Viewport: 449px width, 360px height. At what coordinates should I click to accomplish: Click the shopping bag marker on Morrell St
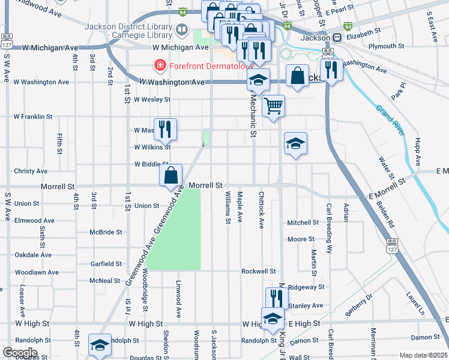coord(171,176)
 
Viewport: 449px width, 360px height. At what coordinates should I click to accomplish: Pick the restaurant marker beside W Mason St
coord(165,129)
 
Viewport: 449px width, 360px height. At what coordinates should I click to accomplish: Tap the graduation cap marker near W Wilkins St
coord(295,143)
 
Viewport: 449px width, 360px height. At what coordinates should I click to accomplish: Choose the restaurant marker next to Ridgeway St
coord(277,298)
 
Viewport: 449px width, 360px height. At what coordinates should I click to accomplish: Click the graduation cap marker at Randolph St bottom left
coord(99,344)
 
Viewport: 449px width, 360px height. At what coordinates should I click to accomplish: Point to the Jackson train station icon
coord(337,37)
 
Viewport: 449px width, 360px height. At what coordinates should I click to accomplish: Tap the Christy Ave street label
coord(31,171)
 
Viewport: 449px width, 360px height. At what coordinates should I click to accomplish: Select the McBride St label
coord(106,232)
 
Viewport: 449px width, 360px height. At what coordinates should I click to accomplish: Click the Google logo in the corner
coord(20,352)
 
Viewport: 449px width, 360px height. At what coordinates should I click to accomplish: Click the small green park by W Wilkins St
coord(206,139)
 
